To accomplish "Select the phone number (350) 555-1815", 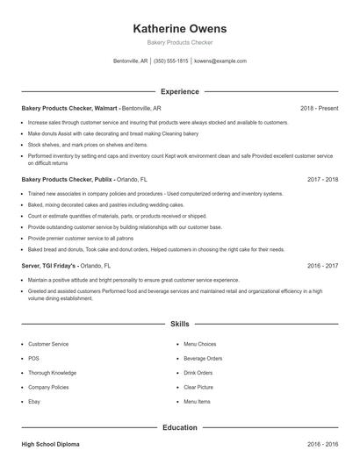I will (x=171, y=61).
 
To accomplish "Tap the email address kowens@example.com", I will (x=220, y=61).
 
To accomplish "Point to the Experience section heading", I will (x=180, y=91).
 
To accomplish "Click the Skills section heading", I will (x=180, y=324).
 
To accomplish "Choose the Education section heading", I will (x=180, y=427).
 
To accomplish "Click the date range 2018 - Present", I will (x=319, y=108).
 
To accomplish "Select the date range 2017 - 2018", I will (x=323, y=179).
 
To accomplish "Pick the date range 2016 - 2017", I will (x=323, y=264).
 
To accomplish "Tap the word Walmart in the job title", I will (x=104, y=108).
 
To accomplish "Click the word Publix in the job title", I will (x=101, y=179).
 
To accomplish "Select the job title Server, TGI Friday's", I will (x=49, y=264).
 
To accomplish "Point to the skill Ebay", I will (x=35, y=401).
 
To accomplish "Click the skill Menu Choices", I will (x=199, y=344).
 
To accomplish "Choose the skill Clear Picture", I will (x=198, y=387).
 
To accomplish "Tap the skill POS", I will (x=34, y=358).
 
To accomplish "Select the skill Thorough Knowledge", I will (x=51, y=372).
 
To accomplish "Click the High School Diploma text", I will (x=50, y=445).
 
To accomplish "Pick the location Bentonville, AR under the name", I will (x=131, y=61).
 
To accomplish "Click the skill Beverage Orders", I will (x=202, y=358).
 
